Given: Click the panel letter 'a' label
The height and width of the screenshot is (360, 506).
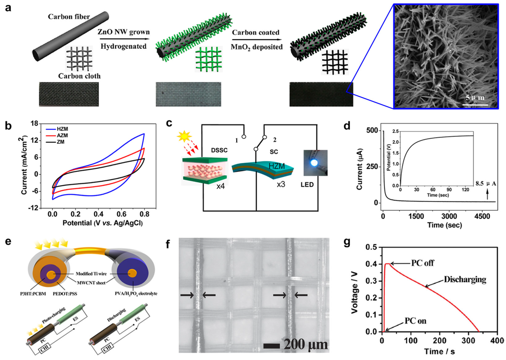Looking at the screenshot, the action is coord(6,9).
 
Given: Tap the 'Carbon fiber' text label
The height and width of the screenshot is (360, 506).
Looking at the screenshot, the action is coord(69,17).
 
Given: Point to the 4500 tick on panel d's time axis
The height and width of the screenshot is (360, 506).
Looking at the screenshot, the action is coord(474,216).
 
